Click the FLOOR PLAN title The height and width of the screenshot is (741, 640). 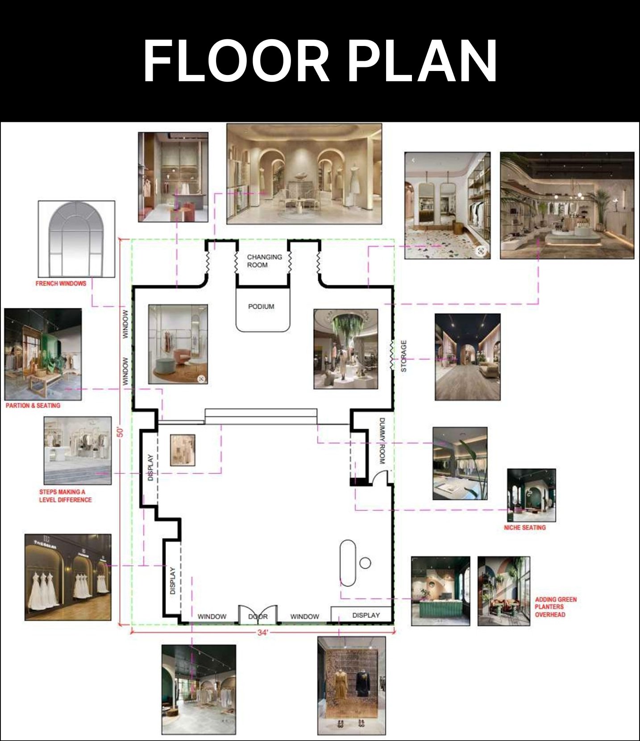coord(320,61)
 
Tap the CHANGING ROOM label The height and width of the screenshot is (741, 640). coord(264,261)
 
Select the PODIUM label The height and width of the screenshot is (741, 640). coord(261,307)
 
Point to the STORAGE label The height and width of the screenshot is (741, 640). coord(404,356)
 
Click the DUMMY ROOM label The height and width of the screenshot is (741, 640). coord(382,441)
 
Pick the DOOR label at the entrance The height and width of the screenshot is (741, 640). coord(258,616)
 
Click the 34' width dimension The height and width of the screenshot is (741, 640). coord(262,633)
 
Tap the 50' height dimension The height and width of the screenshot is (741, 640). coord(120,432)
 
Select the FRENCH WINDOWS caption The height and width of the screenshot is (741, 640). coord(61,283)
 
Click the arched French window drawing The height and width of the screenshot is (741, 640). coord(76,239)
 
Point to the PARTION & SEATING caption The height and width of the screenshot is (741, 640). coord(33,405)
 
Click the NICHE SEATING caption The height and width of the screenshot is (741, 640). coord(525,528)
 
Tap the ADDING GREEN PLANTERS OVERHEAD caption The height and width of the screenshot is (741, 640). coord(556,607)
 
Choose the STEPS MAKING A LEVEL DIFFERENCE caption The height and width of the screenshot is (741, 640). coord(65,496)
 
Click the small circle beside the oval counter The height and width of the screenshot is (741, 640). coord(365,563)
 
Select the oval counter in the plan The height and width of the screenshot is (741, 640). coord(348,563)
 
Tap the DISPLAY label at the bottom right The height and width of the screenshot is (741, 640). coord(366,615)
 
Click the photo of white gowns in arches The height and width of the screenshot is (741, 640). coord(68,577)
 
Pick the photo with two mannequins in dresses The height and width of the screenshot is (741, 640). coord(351,686)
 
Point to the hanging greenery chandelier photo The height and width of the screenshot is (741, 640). coord(346,349)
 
